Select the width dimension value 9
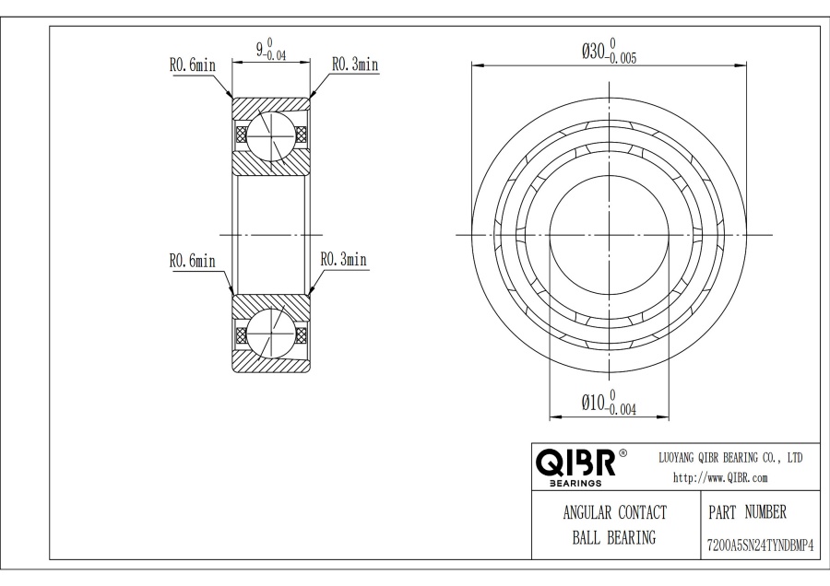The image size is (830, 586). point(260,50)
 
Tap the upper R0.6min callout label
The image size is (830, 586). point(193,65)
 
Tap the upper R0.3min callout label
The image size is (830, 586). point(355,64)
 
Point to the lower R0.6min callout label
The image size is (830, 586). point(193,261)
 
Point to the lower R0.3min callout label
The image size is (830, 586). point(344,259)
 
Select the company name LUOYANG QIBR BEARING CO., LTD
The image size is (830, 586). point(730,458)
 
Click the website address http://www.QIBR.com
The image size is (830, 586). point(720,477)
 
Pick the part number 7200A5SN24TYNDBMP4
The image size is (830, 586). point(760,545)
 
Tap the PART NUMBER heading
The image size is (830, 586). point(747,512)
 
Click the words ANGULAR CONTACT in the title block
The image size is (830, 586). point(614,512)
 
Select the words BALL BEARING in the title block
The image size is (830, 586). point(614,537)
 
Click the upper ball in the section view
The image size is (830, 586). point(270,135)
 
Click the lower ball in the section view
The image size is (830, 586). point(270,334)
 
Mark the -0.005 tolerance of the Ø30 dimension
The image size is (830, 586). point(622,59)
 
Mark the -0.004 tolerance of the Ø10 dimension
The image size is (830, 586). point(622,409)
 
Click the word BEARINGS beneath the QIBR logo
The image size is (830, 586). point(575,484)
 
